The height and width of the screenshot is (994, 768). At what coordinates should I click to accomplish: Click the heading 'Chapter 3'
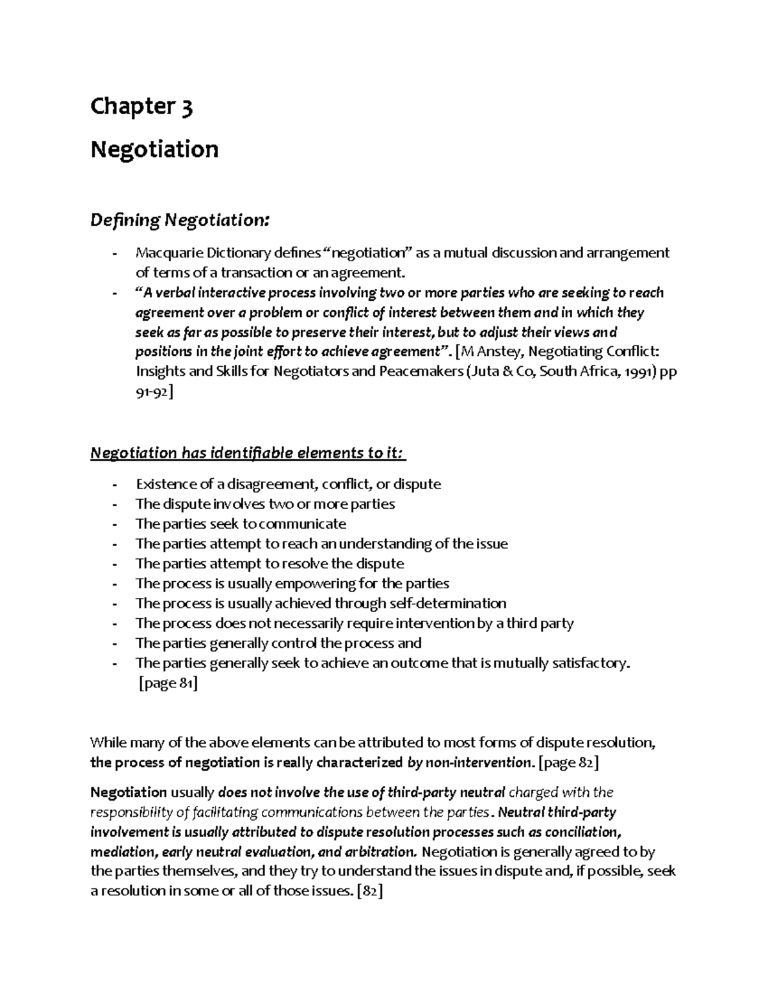[x=141, y=106]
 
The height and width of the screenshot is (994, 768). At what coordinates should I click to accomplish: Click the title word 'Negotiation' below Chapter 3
[x=154, y=149]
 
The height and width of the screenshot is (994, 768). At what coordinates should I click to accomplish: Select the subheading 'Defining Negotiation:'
[x=180, y=220]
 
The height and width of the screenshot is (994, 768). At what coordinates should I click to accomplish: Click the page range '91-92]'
[x=154, y=392]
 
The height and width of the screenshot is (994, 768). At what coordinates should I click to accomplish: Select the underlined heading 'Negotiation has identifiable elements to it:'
[x=248, y=453]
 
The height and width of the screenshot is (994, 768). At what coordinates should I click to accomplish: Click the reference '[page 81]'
[x=168, y=684]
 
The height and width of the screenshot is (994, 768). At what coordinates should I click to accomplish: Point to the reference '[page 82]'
[x=569, y=762]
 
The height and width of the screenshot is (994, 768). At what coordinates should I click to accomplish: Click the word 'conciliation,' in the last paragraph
[x=580, y=832]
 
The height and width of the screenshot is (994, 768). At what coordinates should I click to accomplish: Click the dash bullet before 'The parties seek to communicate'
[x=114, y=524]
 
